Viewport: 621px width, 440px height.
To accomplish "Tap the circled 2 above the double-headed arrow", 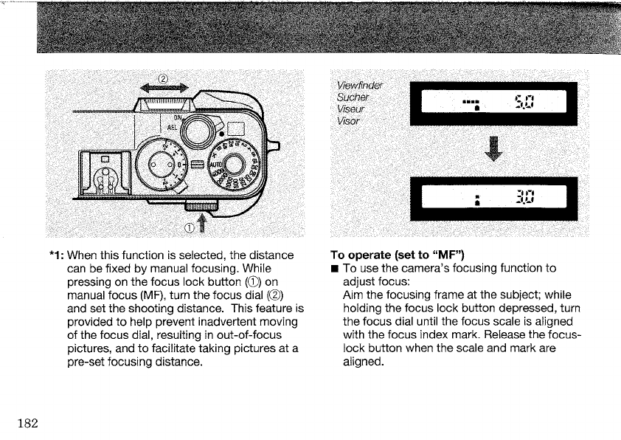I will tap(164, 80).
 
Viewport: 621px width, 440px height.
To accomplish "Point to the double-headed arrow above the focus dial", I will tap(164, 90).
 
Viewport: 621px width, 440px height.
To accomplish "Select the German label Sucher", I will tap(353, 98).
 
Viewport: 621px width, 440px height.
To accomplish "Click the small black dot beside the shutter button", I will tap(212, 143).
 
